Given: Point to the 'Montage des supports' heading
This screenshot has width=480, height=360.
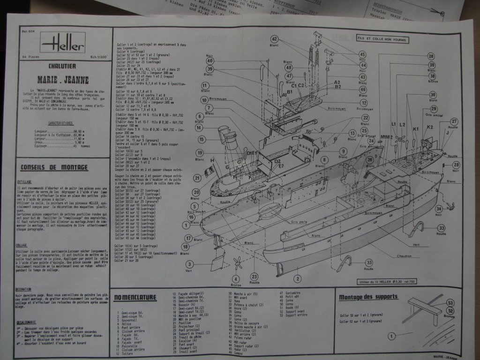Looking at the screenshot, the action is point(368,297).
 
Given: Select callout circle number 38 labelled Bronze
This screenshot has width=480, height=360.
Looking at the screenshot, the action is point(432,75).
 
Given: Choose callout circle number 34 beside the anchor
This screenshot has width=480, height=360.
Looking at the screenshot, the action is point(439,209).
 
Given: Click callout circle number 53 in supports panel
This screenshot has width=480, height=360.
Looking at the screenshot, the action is point(450,303).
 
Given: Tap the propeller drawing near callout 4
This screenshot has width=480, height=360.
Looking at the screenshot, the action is point(237,262).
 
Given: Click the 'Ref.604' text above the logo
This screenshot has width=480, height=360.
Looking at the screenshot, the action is point(27,32).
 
